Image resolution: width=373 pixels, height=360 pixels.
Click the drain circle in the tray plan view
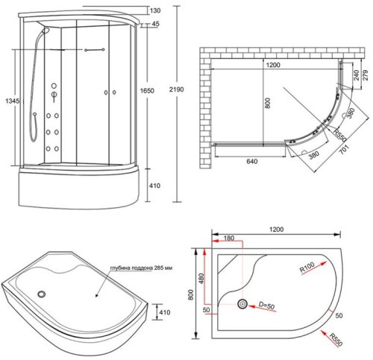click(242, 304)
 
